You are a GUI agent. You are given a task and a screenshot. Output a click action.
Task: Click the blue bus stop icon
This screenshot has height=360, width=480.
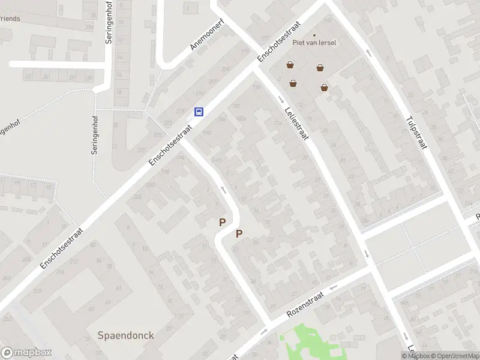coord(199,112)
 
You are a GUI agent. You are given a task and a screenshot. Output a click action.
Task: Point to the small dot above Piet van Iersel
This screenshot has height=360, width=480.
coord(314,35)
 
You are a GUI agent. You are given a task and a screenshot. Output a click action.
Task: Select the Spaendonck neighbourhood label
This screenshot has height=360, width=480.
coord(126,335)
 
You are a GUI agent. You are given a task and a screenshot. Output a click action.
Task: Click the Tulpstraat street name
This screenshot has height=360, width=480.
coord(415,133)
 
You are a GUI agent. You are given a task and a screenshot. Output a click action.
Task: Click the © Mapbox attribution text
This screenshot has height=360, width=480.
coord(415,356)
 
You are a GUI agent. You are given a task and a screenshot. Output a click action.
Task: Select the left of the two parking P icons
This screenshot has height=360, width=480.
coord(222,222)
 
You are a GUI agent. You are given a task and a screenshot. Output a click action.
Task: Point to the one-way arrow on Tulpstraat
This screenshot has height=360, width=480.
coord(368,53)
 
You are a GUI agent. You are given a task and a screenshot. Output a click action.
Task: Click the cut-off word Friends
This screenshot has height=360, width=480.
coord(10,19)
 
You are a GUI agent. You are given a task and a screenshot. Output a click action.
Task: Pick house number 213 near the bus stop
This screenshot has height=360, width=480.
coord(199,94)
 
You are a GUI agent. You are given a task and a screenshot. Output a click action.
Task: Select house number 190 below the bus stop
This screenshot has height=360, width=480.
coord(208,133)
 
